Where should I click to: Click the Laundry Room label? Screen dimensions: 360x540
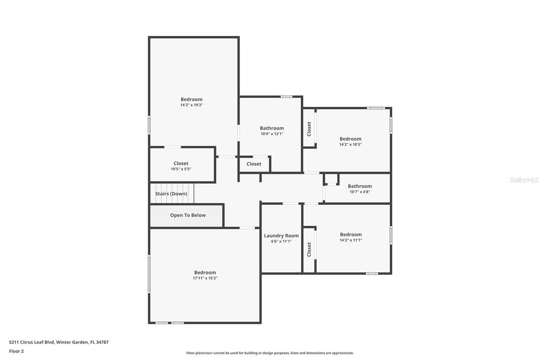click(x=281, y=236)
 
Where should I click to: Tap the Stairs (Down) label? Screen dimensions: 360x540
click(x=171, y=194)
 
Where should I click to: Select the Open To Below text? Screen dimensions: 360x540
click(x=188, y=215)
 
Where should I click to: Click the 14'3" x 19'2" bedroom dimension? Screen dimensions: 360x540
click(x=192, y=105)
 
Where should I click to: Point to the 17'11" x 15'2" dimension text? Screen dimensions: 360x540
click(x=205, y=278)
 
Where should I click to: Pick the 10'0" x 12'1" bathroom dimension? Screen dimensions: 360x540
click(x=272, y=134)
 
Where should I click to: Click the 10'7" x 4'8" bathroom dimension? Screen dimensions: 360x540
click(x=359, y=192)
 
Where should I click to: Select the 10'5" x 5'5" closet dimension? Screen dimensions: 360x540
click(x=181, y=169)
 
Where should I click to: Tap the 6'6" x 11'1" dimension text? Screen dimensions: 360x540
click(x=281, y=241)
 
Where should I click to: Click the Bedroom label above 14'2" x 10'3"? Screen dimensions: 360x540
click(x=350, y=139)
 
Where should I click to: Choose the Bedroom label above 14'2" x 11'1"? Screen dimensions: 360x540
click(x=351, y=235)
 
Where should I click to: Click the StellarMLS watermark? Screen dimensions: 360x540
click(x=524, y=180)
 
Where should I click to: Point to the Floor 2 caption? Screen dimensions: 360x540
click(x=16, y=351)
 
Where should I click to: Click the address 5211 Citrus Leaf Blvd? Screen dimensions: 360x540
click(x=59, y=342)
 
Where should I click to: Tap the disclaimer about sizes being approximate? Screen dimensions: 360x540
click(x=270, y=353)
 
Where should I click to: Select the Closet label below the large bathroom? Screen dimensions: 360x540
click(x=254, y=164)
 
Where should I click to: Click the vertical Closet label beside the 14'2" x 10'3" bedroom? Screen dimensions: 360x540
click(x=309, y=129)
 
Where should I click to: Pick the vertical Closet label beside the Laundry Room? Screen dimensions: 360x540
click(x=309, y=249)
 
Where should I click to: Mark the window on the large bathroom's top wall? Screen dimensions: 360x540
click(x=286, y=97)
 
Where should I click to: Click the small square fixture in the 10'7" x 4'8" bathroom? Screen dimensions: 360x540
click(x=332, y=179)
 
